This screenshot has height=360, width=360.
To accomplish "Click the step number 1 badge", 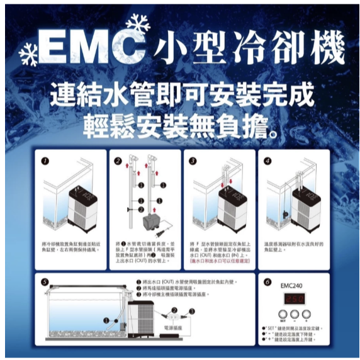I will click(44, 162).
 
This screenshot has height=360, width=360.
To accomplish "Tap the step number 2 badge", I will click(117, 162).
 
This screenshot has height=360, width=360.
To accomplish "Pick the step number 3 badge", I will click(193, 162).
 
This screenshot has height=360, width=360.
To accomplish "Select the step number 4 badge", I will click(267, 162).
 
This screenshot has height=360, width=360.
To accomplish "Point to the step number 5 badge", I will click(44, 283).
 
